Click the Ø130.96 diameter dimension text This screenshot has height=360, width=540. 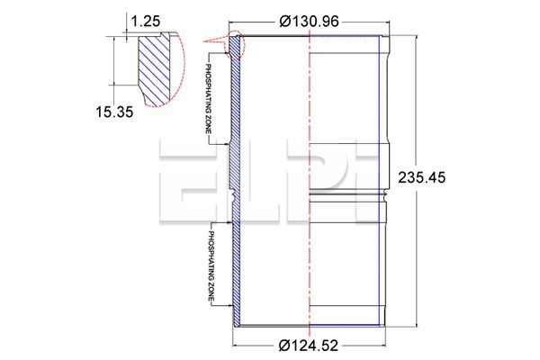pos(309,22)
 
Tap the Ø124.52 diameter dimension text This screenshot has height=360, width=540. pos(309,346)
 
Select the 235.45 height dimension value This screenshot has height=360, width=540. pos(421,178)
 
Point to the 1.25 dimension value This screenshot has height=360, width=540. pos(146,22)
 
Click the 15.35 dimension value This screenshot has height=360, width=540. pos(114,112)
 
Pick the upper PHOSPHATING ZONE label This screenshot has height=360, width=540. pos(209,99)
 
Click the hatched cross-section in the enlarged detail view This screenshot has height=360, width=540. pos(154,69)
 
